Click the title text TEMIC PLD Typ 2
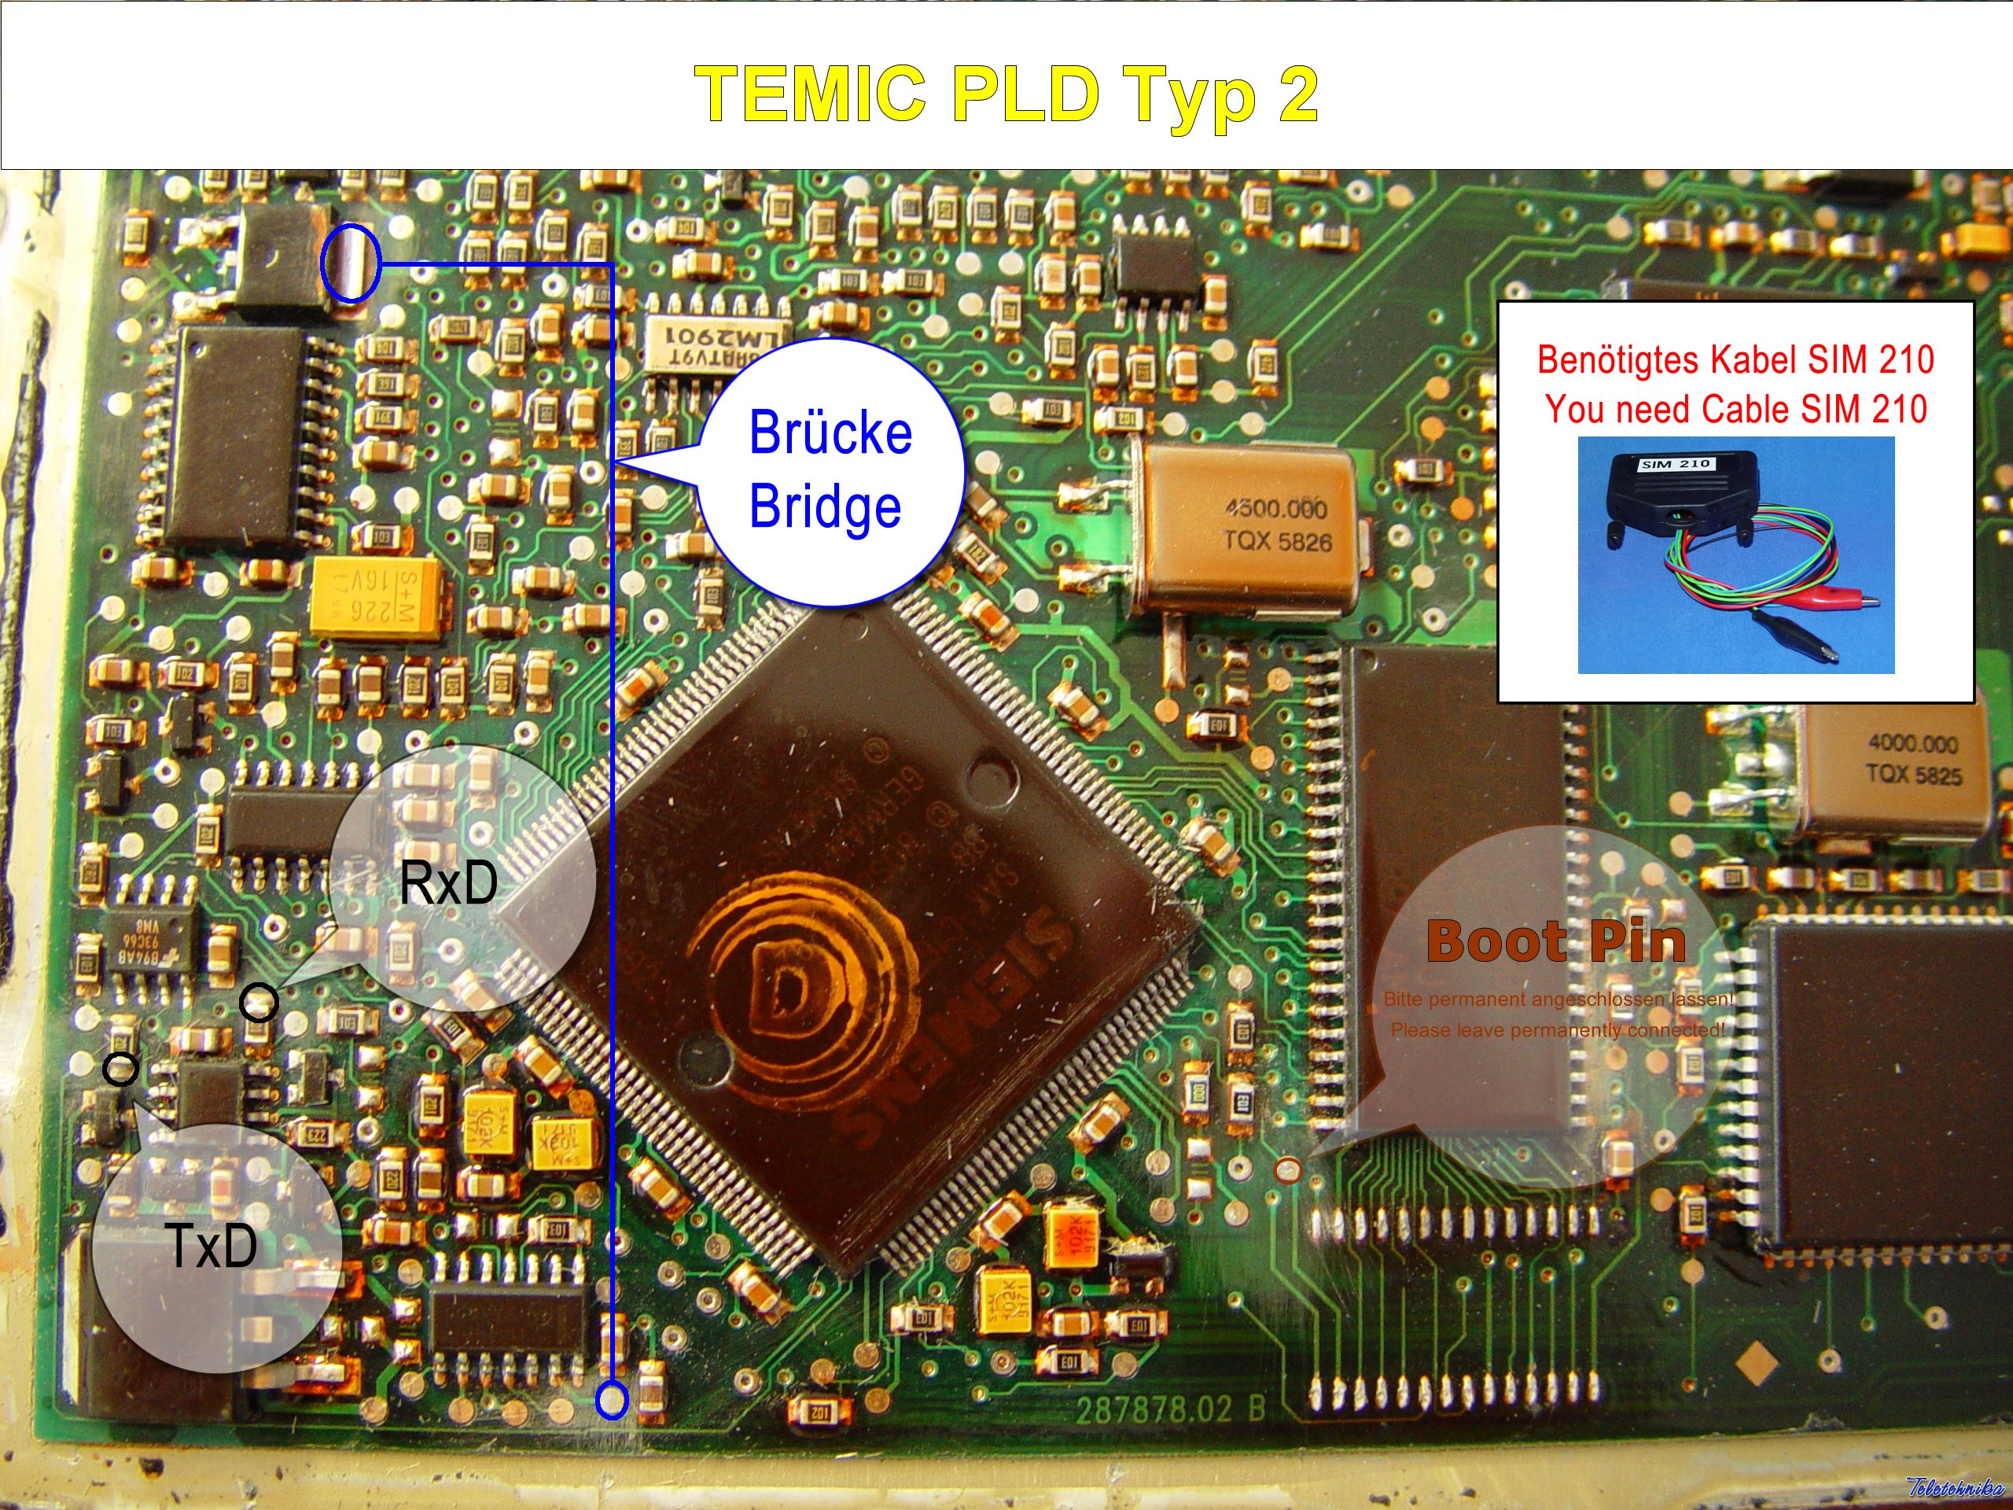tap(1006, 94)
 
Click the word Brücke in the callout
tap(830, 433)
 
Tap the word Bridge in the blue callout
tap(825, 506)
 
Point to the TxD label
tap(211, 1246)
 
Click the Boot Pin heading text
tap(1555, 941)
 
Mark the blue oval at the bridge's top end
tap(351, 263)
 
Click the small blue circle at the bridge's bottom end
tap(612, 1400)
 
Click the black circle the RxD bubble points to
tap(259, 1003)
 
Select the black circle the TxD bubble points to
tap(120, 1069)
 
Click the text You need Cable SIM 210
tap(1735, 410)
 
